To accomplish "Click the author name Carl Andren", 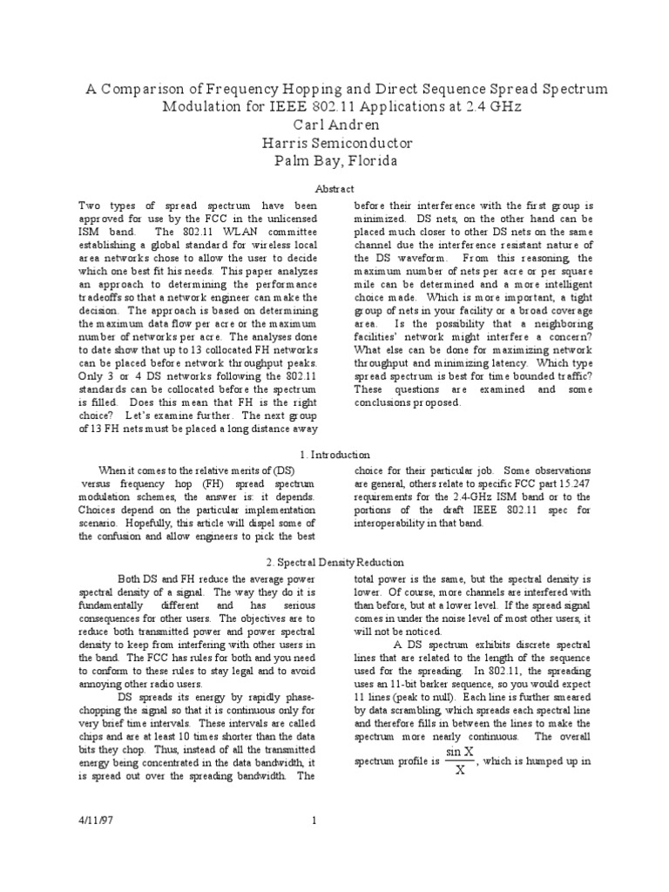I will pyautogui.click(x=334, y=125).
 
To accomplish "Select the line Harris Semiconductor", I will pyautogui.click(x=334, y=143).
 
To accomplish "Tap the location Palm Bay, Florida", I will pyautogui.click(x=334, y=161).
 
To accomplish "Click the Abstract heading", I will pyautogui.click(x=334, y=188).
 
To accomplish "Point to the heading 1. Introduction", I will pyautogui.click(x=334, y=454).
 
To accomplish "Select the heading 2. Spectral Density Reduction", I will pyautogui.click(x=334, y=563).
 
